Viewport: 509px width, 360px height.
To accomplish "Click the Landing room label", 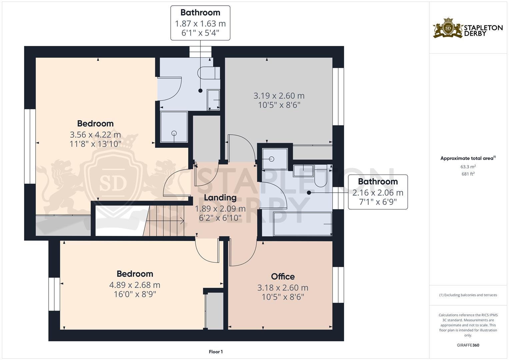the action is (x=220, y=197).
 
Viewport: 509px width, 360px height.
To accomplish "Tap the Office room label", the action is (x=283, y=276).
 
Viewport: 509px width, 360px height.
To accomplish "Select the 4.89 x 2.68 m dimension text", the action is (x=135, y=285).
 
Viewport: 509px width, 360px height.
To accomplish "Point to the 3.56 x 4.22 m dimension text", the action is (x=95, y=135).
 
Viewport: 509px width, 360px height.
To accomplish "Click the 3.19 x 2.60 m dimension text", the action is (x=279, y=96).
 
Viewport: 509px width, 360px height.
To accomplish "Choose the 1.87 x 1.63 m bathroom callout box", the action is (x=200, y=23).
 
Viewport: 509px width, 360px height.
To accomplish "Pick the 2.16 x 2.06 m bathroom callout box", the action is (x=378, y=192).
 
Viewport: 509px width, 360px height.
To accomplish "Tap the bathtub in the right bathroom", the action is (x=302, y=224).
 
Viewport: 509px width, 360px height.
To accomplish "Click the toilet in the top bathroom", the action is (x=209, y=73).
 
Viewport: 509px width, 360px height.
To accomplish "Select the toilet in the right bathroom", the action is (x=321, y=176).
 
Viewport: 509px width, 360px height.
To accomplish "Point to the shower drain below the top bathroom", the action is (x=174, y=133).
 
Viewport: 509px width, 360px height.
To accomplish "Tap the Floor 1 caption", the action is (x=216, y=352).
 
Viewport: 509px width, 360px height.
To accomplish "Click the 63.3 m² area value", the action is (x=468, y=167).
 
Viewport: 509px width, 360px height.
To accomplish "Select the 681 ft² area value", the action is (x=468, y=174).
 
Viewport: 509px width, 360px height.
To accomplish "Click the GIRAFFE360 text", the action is (x=468, y=345).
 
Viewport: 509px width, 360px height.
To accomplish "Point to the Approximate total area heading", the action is (x=468, y=158).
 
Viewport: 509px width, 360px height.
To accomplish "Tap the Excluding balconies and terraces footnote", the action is (x=468, y=295).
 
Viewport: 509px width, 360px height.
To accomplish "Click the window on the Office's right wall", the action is (x=338, y=285).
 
